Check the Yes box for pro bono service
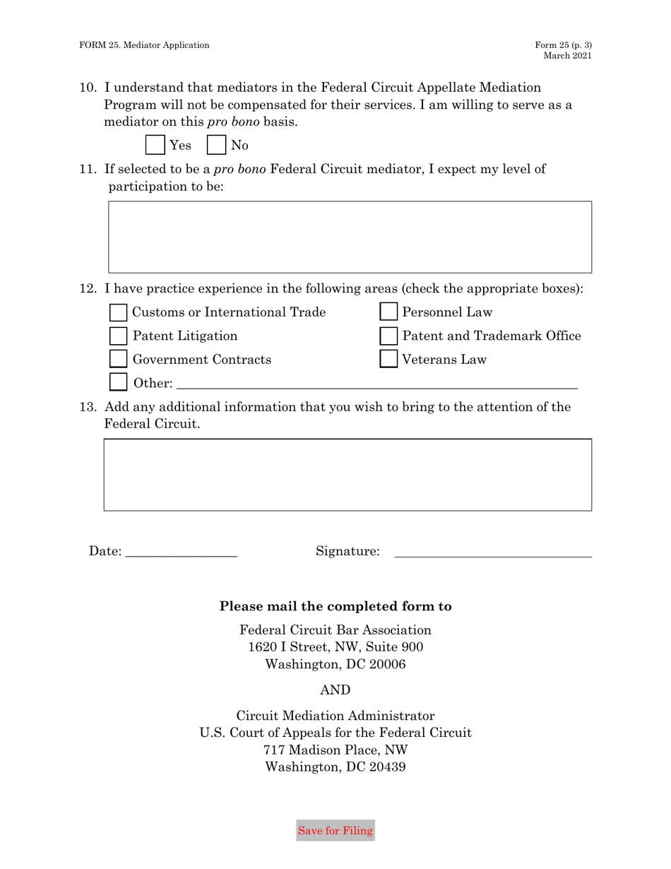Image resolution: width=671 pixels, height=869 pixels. [x=155, y=145]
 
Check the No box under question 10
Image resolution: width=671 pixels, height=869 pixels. [x=216, y=145]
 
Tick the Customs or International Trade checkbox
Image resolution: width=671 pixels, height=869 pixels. [x=119, y=312]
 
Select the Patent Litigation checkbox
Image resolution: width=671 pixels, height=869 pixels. [x=119, y=336]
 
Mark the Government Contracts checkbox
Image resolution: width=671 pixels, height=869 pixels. [x=119, y=360]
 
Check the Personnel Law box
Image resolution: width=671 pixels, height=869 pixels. [x=389, y=312]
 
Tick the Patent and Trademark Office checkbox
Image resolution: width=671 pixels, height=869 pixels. [x=389, y=336]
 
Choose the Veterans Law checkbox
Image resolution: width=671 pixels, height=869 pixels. [x=389, y=360]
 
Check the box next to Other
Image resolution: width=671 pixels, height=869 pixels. [x=119, y=383]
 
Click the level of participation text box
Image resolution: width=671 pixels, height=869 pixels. [x=350, y=237]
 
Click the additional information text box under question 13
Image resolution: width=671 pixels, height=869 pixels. [x=348, y=475]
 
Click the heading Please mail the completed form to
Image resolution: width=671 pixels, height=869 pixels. [x=335, y=606]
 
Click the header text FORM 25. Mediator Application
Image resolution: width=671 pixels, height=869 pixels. [x=144, y=45]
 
